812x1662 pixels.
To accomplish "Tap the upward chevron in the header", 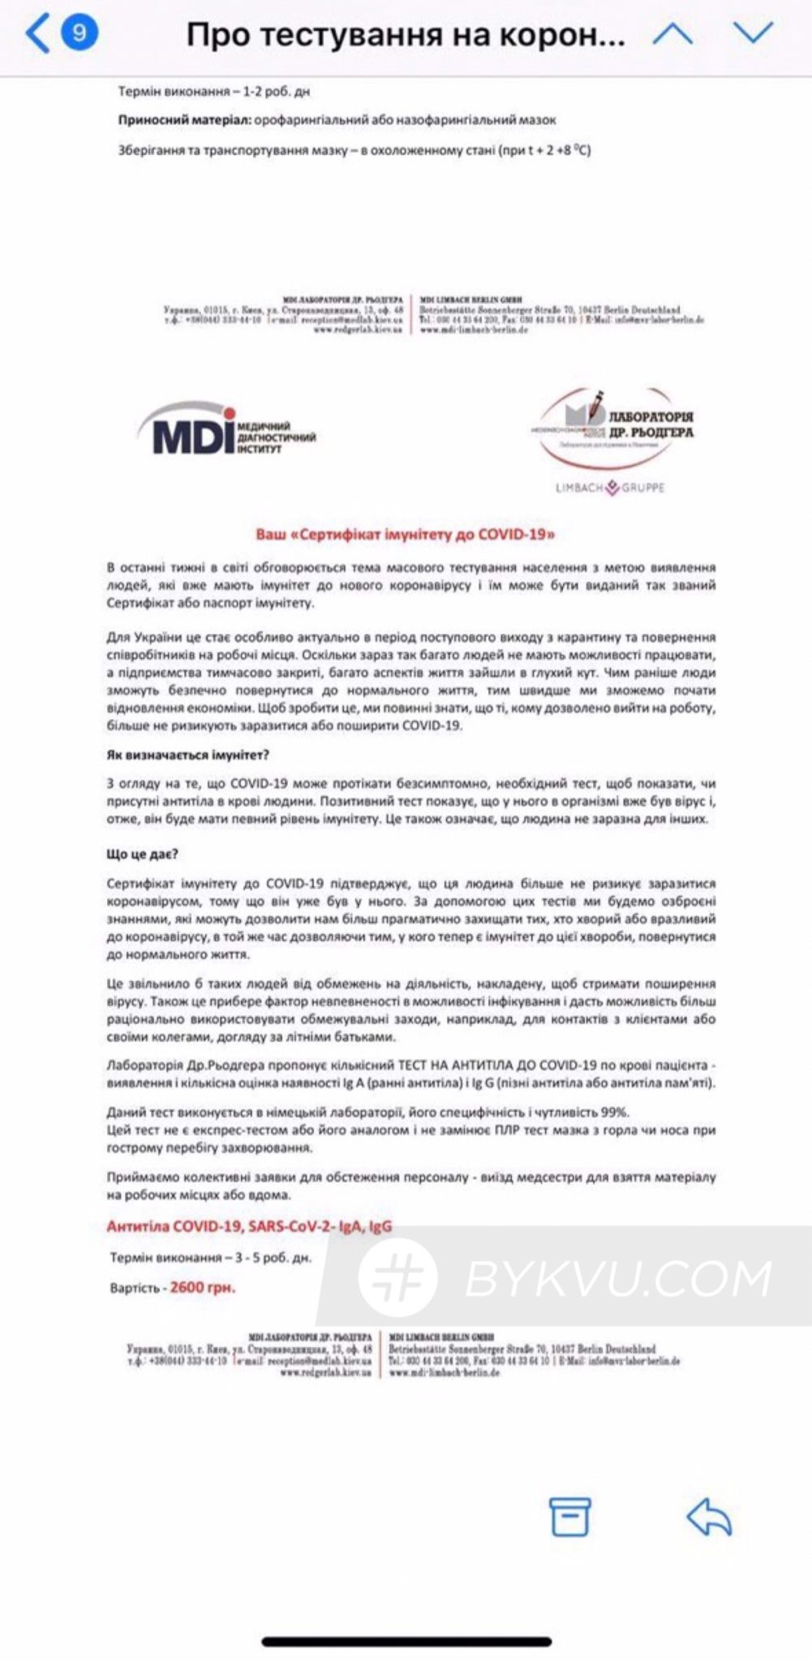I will (672, 33).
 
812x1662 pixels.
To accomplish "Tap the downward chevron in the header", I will (753, 33).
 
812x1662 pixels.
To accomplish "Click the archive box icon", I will (569, 1515).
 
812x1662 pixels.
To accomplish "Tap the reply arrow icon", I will (709, 1515).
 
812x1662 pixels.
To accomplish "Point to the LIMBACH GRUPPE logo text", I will (610, 488).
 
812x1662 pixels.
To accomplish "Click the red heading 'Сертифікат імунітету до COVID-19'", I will (406, 534).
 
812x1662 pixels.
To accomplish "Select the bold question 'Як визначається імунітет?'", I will (187, 755).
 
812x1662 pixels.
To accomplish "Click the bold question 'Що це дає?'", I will (142, 854).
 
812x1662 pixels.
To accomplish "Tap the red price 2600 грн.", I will (203, 1287).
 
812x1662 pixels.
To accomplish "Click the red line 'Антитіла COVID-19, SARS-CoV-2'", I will (249, 1226).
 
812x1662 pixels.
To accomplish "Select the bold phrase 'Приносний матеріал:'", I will (184, 120).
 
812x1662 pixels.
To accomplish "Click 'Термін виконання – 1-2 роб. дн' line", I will (214, 92).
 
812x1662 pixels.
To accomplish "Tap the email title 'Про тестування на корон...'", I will (406, 35).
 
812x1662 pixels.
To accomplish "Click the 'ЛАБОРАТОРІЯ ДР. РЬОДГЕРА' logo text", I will (651, 424).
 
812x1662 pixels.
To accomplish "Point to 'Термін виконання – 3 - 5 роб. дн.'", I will (210, 1258).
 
